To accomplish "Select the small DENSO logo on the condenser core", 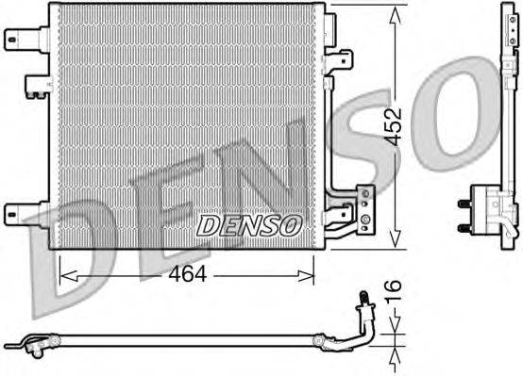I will pos(248,225).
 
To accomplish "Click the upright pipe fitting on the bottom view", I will pos(363,309).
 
